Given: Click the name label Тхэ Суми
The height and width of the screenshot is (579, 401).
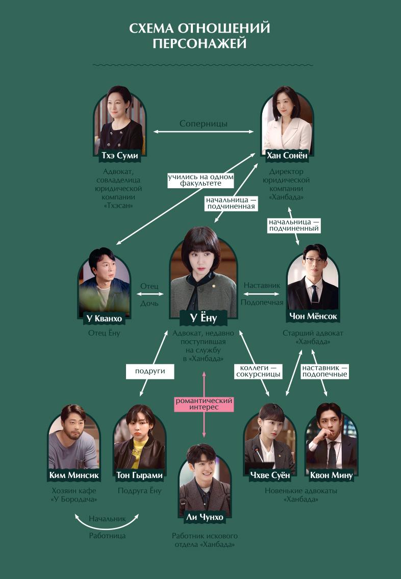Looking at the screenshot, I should point(120,156).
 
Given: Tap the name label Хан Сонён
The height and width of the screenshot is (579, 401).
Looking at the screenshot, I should point(287,156).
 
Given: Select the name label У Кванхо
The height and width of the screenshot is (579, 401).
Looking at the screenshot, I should point(104,319).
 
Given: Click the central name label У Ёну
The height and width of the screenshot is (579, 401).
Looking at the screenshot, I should point(203,319).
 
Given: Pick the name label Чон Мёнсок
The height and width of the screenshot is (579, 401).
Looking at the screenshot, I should point(313,316).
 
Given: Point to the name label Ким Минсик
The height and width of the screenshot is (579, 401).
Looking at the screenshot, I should point(74,475).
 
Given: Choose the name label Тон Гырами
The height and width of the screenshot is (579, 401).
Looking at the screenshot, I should point(139,475).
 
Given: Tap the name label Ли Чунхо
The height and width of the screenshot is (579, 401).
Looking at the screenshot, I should point(204,517).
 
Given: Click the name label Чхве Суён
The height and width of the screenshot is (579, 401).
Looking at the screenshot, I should point(270,475).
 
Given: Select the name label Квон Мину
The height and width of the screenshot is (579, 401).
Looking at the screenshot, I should point(331,475).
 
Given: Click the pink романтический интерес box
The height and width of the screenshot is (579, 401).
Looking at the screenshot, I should point(204,404).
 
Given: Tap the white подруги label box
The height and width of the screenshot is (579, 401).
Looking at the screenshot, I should point(150,371).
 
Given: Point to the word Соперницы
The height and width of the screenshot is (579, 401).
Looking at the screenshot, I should point(204,124).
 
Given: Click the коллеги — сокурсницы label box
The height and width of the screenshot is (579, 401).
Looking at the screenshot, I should point(258,371).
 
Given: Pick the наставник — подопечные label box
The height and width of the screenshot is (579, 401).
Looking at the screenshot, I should point(324,371).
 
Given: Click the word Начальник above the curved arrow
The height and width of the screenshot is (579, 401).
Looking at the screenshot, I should point(107,519).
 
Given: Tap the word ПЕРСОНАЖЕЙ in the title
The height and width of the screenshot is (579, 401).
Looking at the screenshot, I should point(199,44).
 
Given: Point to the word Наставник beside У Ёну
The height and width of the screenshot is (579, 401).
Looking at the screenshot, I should point(262,285).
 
